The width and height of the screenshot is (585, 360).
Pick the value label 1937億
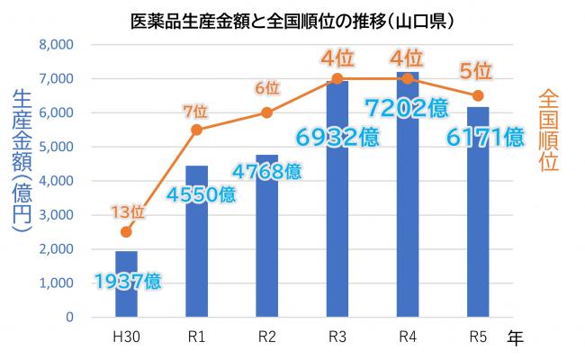tap(127, 281)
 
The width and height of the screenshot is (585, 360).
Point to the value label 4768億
tap(267, 171)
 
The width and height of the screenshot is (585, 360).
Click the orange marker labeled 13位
tap(127, 232)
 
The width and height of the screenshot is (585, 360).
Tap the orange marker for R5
tap(478, 95)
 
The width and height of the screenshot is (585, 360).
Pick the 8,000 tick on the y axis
tap(57, 44)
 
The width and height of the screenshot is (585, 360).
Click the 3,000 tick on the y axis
tap(57, 215)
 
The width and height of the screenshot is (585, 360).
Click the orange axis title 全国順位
tap(548, 130)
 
